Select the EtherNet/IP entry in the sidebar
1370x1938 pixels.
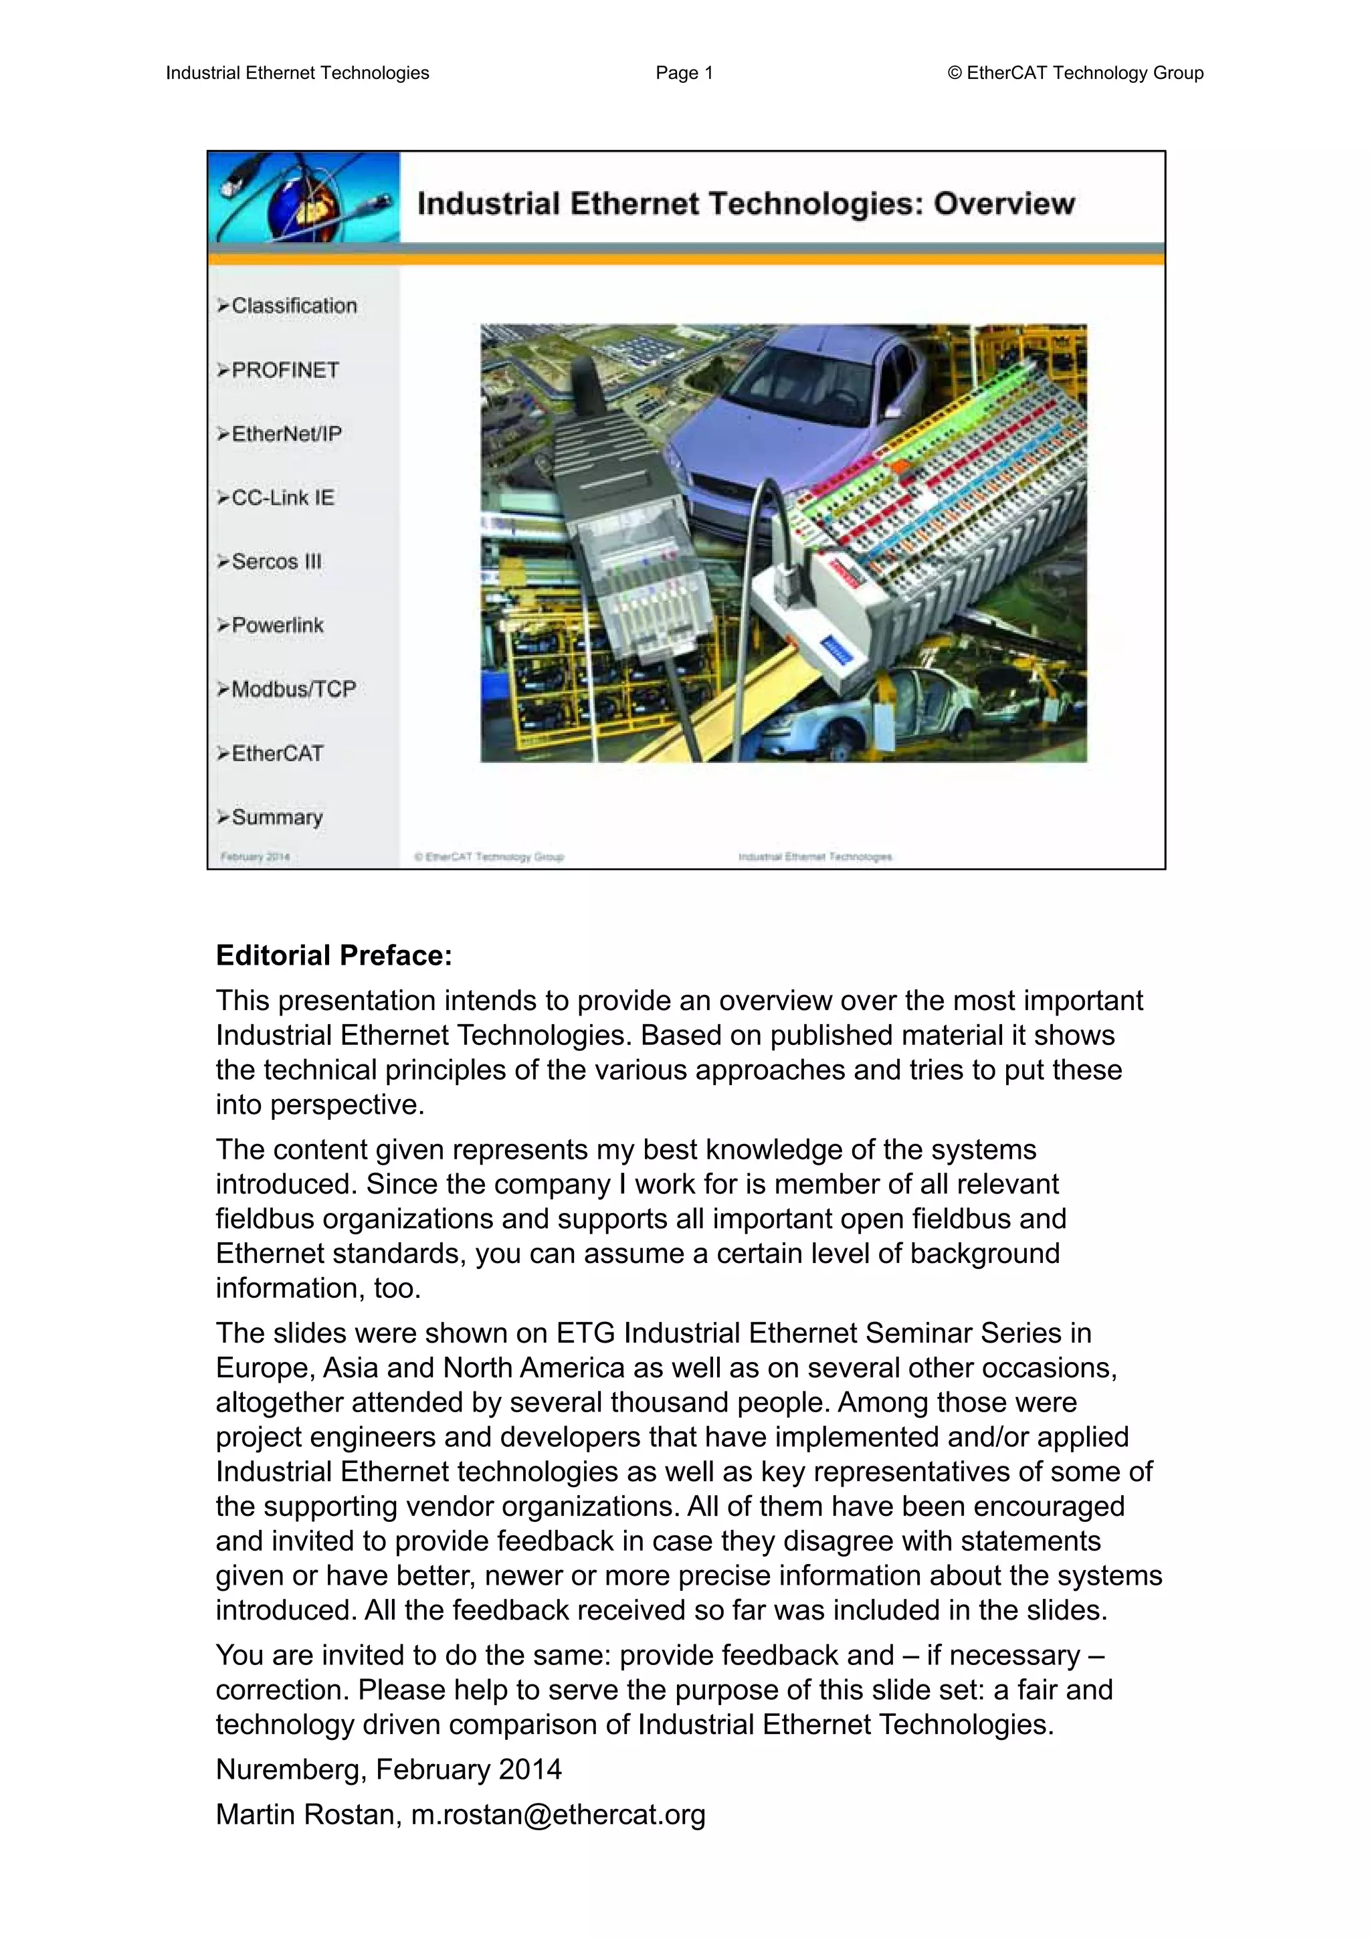pyautogui.click(x=286, y=434)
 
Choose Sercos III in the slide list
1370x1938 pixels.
pyautogui.click(x=276, y=561)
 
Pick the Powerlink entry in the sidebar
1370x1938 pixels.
pyautogui.click(x=277, y=625)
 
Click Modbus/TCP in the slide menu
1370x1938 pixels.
pyautogui.click(x=293, y=689)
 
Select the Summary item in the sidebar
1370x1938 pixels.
pyautogui.click(x=277, y=817)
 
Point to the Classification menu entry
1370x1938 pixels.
pyautogui.click(x=294, y=306)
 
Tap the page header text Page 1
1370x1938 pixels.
pyautogui.click(x=684, y=74)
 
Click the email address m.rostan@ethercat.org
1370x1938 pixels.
pyautogui.click(x=558, y=1814)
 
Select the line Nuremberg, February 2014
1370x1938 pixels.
pyautogui.click(x=388, y=1768)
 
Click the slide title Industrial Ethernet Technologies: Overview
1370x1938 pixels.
pyautogui.click(x=745, y=203)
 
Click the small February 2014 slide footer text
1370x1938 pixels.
pyautogui.click(x=255, y=857)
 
